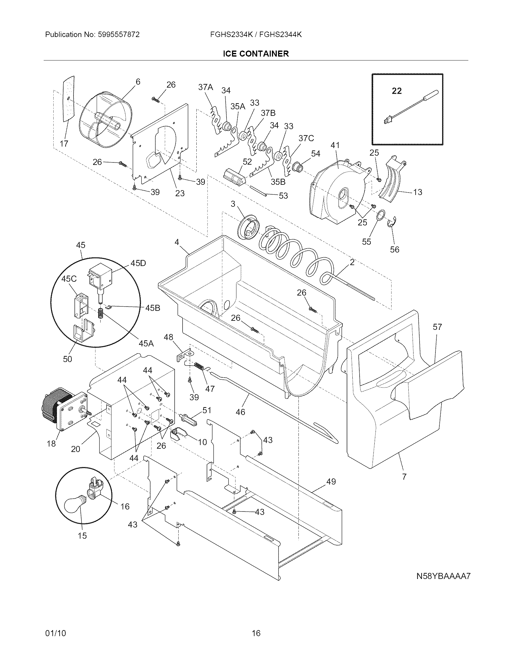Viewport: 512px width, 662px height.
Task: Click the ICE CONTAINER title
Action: pos(256,54)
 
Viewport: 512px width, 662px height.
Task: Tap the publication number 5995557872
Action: pos(118,35)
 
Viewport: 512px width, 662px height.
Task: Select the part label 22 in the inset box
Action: pos(397,91)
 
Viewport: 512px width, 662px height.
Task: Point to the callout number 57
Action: pos(437,327)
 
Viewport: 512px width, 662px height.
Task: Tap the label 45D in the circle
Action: pos(138,263)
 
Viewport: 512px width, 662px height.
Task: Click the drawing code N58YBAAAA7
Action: pos(443,585)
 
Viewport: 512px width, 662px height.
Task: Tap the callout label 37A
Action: pos(205,87)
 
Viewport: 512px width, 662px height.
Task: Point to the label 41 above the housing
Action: pos(335,146)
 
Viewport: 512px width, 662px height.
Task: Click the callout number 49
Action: pos(331,481)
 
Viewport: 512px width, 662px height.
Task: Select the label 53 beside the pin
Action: pos(283,196)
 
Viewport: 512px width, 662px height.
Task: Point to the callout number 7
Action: pos(404,477)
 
